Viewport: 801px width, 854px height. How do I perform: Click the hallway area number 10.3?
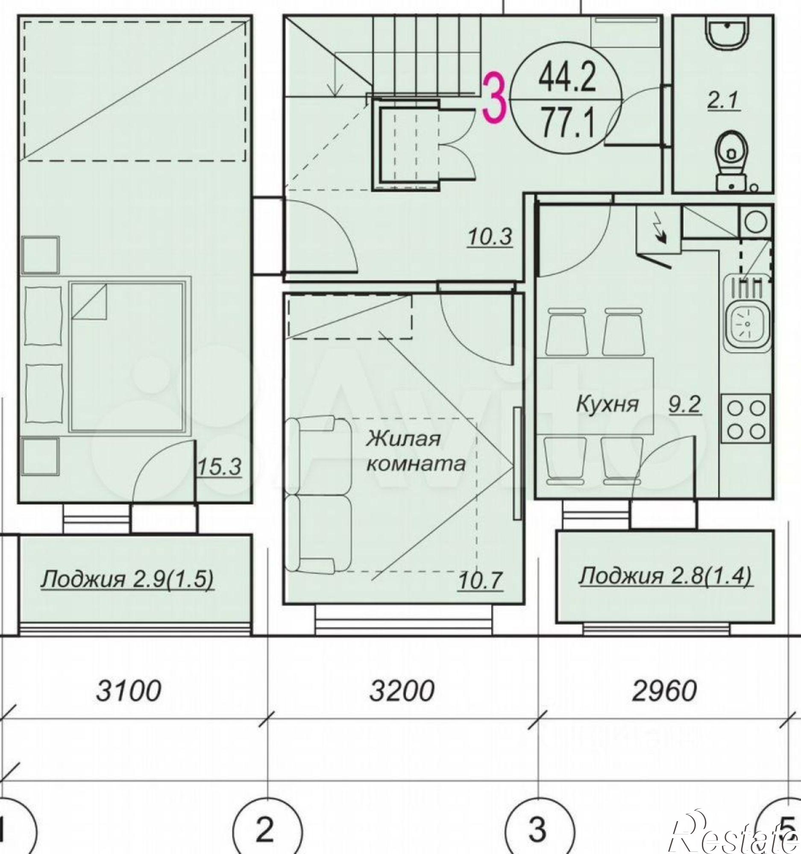coord(490,237)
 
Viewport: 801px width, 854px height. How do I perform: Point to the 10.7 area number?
coord(480,581)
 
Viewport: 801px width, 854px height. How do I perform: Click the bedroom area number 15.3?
coord(219,468)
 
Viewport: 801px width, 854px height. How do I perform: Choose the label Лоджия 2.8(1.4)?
coord(665,576)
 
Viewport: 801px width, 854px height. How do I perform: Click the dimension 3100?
coord(129,693)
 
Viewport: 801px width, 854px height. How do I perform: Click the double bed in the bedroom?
coord(128,356)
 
